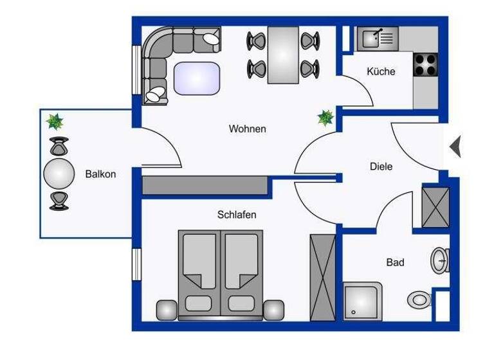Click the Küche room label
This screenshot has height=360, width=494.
[x=381, y=71]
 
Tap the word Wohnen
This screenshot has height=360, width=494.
[x=247, y=129]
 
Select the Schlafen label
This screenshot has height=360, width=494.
[x=236, y=214]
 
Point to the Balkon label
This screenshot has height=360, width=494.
[x=100, y=174]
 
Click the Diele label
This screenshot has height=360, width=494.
[x=381, y=166]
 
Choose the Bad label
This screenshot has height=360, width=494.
[x=395, y=262]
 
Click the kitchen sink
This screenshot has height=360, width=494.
[x=378, y=38]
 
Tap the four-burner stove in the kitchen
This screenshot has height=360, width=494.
[x=425, y=64]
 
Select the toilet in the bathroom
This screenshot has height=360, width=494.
[x=420, y=299]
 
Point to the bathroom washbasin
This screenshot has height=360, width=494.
[x=441, y=260]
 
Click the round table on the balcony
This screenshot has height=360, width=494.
[x=59, y=174]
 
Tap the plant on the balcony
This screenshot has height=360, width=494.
[x=55, y=120]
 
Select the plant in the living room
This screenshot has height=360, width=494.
[x=326, y=117]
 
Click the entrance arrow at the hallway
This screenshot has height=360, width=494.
[x=455, y=147]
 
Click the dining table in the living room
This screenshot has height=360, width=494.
[x=284, y=55]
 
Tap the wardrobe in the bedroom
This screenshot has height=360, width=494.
[x=322, y=276]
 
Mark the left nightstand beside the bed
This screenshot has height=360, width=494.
[x=167, y=310]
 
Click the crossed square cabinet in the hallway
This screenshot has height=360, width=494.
[x=435, y=206]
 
